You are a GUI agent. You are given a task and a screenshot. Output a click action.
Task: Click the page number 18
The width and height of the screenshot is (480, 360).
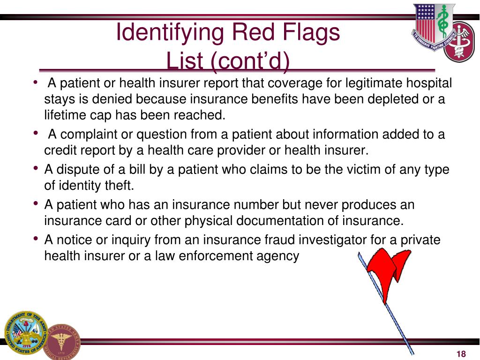[461, 354]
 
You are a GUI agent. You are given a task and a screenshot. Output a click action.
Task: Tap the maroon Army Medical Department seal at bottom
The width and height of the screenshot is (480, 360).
[63, 341]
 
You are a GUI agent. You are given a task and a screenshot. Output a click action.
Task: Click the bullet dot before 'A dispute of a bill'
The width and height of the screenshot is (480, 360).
[37, 168]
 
